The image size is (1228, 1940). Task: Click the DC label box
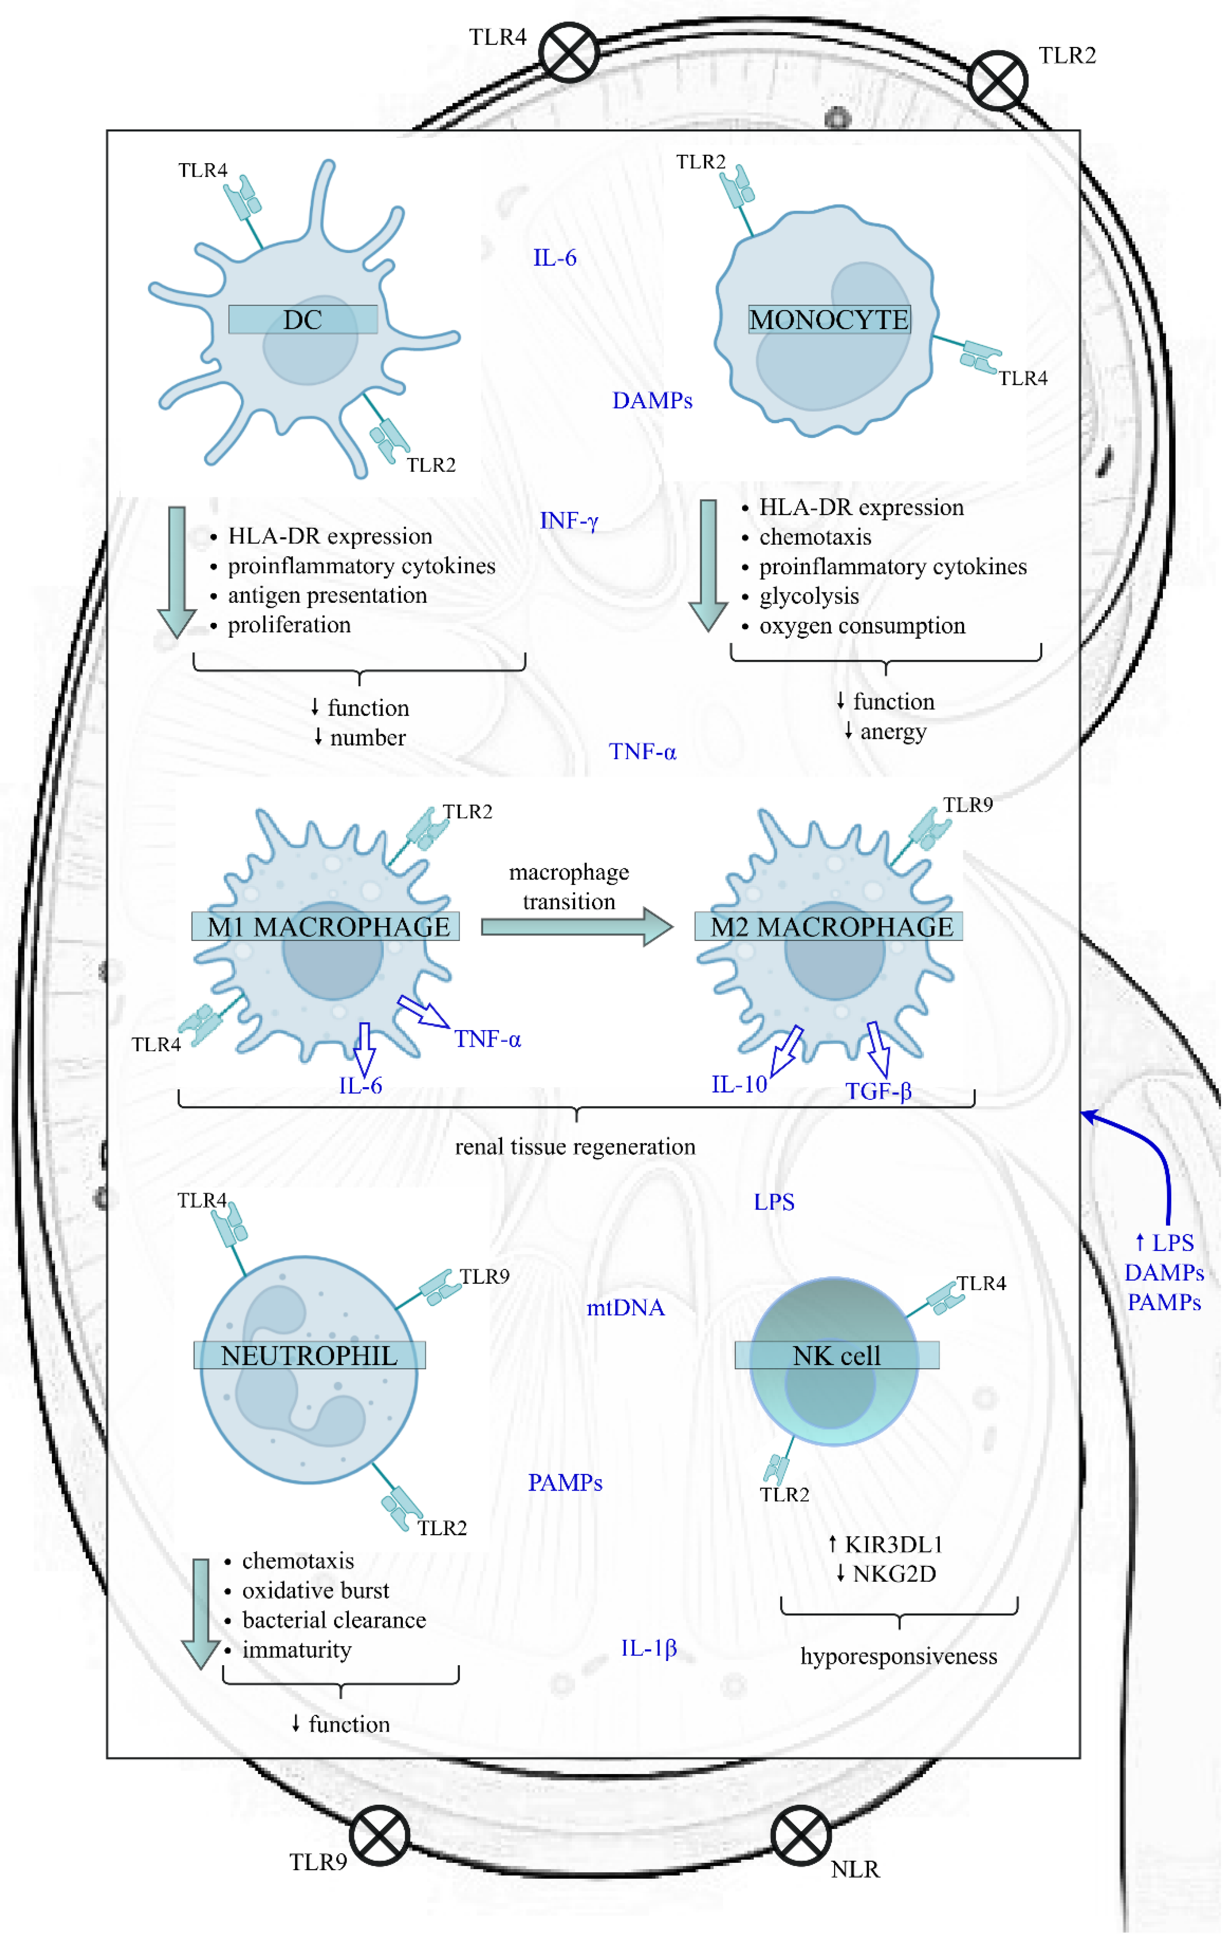point(303,320)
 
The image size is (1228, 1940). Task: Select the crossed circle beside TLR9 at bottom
point(380,1835)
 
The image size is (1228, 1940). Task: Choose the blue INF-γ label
point(569,521)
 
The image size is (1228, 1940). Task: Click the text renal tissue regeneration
point(575,1146)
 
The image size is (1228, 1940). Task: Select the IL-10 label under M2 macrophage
point(739,1084)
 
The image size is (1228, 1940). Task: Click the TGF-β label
point(878,1092)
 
